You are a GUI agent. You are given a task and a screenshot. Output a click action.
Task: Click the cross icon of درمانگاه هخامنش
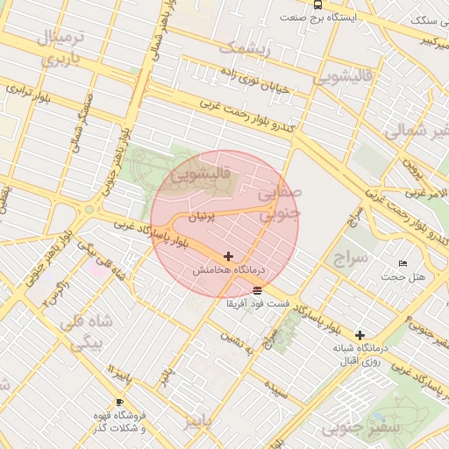tap(229, 257)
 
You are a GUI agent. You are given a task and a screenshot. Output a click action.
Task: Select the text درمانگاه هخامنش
tap(229, 272)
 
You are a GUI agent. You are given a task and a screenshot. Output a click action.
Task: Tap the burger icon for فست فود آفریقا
tap(256, 289)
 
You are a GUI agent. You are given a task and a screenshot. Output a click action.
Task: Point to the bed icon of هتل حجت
tap(403, 263)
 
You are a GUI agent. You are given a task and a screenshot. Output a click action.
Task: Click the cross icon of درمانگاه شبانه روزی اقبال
tap(360, 335)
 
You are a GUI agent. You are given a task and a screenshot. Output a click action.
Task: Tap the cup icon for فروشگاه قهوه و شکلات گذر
tap(120, 402)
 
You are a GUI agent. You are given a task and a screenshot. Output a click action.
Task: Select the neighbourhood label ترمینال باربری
tap(60, 49)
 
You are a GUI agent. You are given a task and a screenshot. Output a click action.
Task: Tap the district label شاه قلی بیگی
tap(82, 332)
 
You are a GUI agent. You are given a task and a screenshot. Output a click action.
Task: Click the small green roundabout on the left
tap(89, 210)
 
